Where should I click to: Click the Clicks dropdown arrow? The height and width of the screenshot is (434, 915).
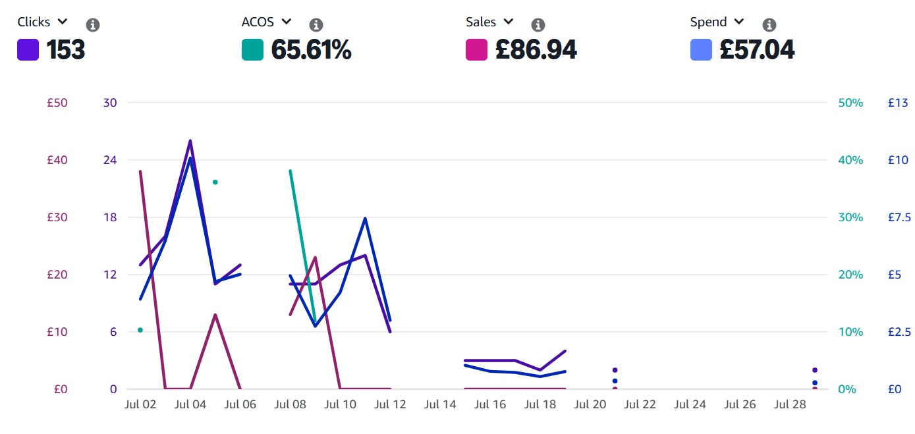pyautogui.click(x=62, y=22)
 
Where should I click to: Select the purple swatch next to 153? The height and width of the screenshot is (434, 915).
pyautogui.click(x=28, y=50)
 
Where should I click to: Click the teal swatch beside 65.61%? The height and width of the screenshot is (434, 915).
pyautogui.click(x=252, y=50)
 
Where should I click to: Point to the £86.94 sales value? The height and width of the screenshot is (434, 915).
pyautogui.click(x=536, y=49)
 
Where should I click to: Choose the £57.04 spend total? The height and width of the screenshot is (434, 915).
pyautogui.click(x=757, y=49)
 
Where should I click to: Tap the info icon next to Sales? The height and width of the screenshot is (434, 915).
pyautogui.click(x=538, y=25)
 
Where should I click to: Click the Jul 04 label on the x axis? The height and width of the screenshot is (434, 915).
pyautogui.click(x=190, y=404)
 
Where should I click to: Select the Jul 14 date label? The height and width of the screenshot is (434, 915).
pyautogui.click(x=440, y=404)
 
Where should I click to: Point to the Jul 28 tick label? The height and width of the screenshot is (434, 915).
pyautogui.click(x=790, y=404)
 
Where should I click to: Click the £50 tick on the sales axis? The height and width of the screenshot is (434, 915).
pyautogui.click(x=57, y=103)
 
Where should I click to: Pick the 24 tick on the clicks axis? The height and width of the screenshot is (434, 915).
pyautogui.click(x=110, y=160)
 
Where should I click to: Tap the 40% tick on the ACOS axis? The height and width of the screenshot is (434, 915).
pyautogui.click(x=850, y=160)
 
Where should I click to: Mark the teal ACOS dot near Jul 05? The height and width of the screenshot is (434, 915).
pyautogui.click(x=215, y=182)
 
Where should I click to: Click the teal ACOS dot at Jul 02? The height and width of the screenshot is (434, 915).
pyautogui.click(x=140, y=330)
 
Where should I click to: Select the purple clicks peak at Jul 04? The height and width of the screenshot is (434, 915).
pyautogui.click(x=190, y=141)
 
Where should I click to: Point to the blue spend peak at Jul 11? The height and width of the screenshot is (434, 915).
pyautogui.click(x=365, y=219)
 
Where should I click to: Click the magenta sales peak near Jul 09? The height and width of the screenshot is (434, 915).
pyautogui.click(x=316, y=258)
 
